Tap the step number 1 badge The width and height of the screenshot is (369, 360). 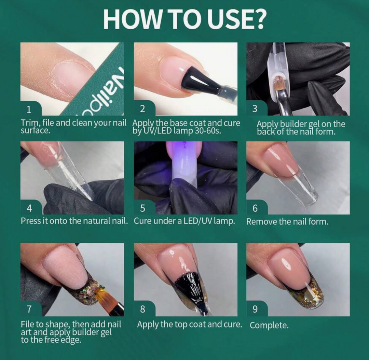click(x=29, y=109)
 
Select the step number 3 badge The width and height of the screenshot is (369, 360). click(x=255, y=109)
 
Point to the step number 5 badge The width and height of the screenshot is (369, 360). click(x=142, y=208)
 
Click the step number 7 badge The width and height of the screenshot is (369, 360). click(x=29, y=309)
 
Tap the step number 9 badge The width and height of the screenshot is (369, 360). click(x=255, y=309)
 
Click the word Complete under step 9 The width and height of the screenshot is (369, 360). click(x=269, y=325)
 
